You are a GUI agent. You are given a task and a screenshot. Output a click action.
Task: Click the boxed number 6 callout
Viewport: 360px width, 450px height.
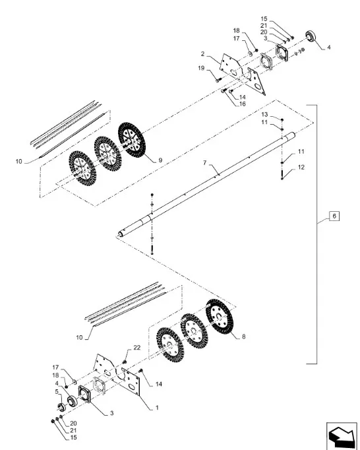click(334, 216)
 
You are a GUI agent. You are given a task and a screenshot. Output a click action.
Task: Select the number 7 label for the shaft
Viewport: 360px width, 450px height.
click(205, 163)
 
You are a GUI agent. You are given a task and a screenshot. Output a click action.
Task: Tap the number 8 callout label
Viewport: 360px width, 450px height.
click(243, 337)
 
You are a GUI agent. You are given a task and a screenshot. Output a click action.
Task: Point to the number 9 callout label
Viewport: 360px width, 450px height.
click(160, 160)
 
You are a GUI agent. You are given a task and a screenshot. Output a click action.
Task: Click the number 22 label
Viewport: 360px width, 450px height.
click(137, 348)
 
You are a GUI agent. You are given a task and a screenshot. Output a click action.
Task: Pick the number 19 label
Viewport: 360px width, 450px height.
click(201, 68)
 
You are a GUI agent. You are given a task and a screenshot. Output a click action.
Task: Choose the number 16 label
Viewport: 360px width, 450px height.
click(243, 104)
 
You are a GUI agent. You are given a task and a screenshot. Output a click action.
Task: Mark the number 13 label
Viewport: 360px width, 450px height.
click(264, 115)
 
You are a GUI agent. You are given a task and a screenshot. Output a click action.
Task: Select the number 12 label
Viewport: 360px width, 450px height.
click(301, 167)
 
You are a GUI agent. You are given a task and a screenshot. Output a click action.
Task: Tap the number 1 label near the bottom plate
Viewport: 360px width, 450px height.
click(157, 408)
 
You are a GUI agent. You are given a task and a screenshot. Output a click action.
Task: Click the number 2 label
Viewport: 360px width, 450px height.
click(203, 53)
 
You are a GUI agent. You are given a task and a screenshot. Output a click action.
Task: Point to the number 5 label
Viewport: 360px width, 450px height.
click(57, 392)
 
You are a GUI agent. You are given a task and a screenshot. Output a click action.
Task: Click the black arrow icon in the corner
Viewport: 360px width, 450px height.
click(342, 435)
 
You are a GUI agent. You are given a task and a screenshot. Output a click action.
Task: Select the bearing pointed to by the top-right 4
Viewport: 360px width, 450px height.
click(311, 36)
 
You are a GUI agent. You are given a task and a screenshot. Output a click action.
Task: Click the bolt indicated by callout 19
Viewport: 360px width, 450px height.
click(219, 79)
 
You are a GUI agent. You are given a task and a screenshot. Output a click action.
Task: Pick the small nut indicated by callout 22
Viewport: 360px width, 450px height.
click(125, 361)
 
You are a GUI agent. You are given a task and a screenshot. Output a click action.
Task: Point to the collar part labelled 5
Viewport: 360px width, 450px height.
click(61, 406)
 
